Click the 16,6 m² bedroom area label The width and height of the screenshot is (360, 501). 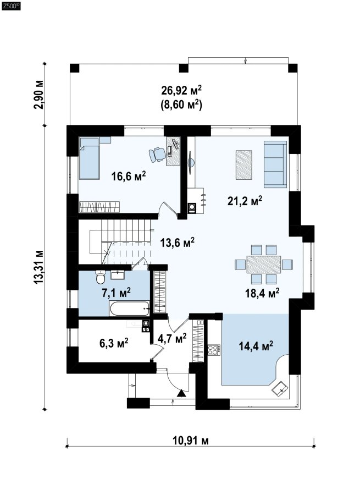[129, 176]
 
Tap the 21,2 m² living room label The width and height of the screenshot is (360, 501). [245, 201]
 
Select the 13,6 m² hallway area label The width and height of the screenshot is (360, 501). [178, 243]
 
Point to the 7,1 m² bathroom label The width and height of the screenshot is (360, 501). [116, 292]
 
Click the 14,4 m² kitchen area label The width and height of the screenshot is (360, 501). [256, 345]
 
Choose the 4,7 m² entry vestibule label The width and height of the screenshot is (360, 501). [172, 338]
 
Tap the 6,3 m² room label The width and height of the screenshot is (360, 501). [114, 343]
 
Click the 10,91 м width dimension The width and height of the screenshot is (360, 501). [191, 441]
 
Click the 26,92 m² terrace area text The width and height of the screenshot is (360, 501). [181, 90]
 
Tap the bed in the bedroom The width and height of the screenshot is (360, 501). [90, 158]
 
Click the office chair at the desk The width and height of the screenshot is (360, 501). [156, 155]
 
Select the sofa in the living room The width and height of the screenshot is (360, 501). [275, 164]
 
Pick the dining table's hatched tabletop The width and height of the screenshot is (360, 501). [263, 264]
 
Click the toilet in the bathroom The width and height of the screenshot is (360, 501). [101, 277]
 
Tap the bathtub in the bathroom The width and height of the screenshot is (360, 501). [129, 309]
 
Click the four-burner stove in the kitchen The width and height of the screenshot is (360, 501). [213, 350]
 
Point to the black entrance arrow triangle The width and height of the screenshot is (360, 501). [181, 393]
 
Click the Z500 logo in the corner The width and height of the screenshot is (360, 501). [11, 5]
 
